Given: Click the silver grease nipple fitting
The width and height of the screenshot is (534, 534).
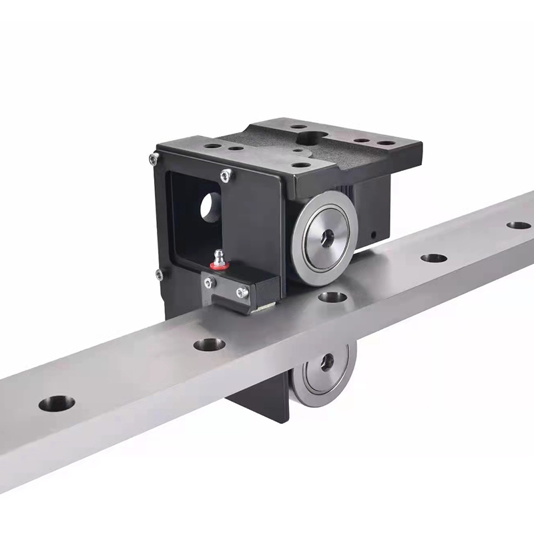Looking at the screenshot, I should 218,256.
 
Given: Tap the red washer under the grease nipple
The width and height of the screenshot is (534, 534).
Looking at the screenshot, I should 217,265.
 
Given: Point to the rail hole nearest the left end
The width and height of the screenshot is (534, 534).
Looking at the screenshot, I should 56,403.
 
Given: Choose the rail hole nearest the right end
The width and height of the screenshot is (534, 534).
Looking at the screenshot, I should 519,225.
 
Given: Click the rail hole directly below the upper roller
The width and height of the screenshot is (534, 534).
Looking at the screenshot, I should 332,296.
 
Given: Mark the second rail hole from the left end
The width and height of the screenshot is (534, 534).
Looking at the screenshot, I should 209,344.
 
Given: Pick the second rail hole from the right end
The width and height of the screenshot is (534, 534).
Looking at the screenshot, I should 434,257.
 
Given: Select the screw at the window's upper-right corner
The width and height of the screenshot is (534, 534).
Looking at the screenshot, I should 226,174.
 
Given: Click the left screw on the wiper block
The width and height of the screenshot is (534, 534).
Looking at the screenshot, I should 210,283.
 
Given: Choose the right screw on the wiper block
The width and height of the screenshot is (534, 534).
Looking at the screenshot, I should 242,292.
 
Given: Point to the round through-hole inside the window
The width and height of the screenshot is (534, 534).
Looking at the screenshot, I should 209,208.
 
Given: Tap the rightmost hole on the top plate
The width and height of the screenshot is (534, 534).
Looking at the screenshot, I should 385,142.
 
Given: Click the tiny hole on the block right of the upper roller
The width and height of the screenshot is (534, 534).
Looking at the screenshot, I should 374,234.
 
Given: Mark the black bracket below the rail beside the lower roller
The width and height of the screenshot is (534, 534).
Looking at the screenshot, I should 257,400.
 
